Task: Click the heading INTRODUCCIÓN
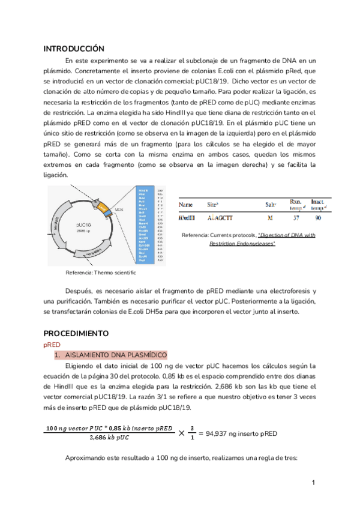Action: click(x=74, y=49)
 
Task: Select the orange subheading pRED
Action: click(x=52, y=345)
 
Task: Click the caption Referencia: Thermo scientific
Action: click(x=101, y=273)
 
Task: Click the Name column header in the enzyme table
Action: click(x=187, y=204)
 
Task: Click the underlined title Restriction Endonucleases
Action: click(x=242, y=244)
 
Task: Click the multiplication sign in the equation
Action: click(x=173, y=433)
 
